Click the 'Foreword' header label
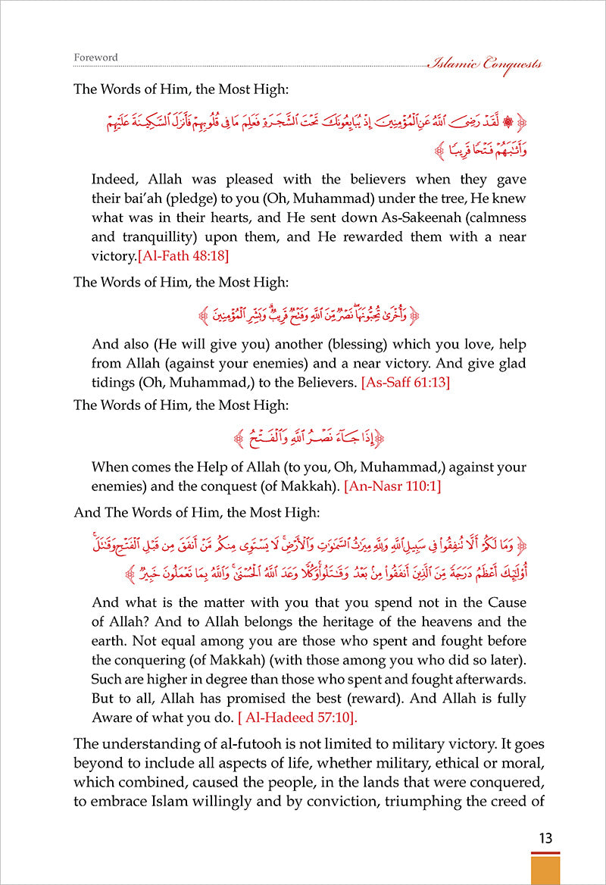tap(95, 57)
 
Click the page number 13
tap(545, 832)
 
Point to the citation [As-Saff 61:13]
tap(407, 383)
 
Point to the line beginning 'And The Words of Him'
tap(181, 512)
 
